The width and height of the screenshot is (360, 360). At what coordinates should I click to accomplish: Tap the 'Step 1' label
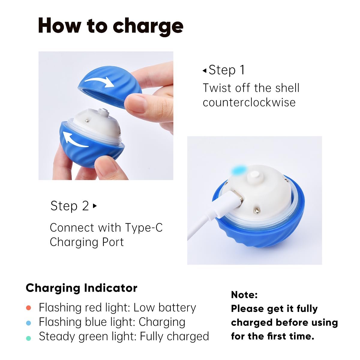226,70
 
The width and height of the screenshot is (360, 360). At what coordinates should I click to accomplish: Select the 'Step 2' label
70,206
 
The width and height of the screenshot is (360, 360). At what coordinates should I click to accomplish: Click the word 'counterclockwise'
249,102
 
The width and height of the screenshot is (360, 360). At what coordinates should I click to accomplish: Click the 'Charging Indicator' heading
82,288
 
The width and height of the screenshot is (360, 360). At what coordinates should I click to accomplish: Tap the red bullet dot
28,308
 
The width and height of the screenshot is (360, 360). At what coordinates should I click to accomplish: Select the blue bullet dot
28,323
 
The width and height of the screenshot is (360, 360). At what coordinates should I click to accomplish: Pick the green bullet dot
28,338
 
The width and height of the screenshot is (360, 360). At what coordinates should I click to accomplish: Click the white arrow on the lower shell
75,139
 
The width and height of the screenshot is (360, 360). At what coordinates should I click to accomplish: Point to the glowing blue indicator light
239,170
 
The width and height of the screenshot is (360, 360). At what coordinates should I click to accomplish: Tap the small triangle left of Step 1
205,70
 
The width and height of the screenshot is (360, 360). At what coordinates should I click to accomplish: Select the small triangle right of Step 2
95,206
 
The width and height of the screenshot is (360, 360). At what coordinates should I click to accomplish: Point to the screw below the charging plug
257,211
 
